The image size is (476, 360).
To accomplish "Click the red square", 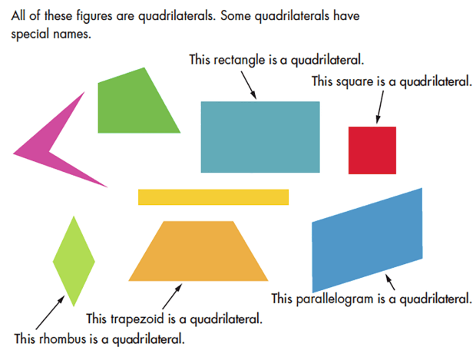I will (x=372, y=150).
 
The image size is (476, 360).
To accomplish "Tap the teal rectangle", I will (x=259, y=137).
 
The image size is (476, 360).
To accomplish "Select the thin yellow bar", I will (x=213, y=197).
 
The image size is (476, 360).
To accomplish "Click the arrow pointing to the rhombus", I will (x=49, y=312).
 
